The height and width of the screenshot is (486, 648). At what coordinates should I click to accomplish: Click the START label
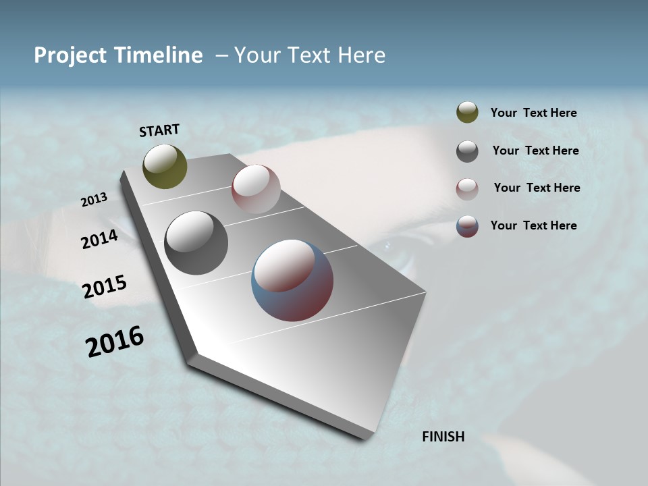pyautogui.click(x=159, y=130)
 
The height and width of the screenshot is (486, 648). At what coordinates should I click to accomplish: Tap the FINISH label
pyautogui.click(x=443, y=437)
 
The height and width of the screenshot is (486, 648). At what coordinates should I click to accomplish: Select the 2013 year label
pyautogui.click(x=94, y=200)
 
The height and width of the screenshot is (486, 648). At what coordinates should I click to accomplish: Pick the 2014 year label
pyautogui.click(x=100, y=239)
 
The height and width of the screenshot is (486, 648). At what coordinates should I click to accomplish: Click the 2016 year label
pyautogui.click(x=115, y=341)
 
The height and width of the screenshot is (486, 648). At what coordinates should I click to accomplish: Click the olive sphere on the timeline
pyautogui.click(x=165, y=166)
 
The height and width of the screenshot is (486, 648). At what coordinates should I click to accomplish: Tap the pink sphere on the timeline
pyautogui.click(x=256, y=189)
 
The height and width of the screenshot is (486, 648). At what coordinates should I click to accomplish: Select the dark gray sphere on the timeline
pyautogui.click(x=196, y=243)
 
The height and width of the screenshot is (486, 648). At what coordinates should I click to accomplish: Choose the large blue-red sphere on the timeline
pyautogui.click(x=292, y=280)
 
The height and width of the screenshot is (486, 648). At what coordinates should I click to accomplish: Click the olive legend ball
pyautogui.click(x=467, y=112)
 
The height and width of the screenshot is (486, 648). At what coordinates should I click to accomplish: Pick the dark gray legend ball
pyautogui.click(x=467, y=151)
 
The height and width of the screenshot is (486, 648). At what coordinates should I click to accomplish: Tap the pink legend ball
pyautogui.click(x=467, y=188)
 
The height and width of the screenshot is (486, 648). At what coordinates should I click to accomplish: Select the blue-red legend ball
pyautogui.click(x=467, y=226)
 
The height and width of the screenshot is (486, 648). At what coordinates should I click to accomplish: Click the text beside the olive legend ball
pyautogui.click(x=534, y=113)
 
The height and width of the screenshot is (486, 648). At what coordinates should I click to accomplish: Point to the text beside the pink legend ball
pyautogui.click(x=537, y=188)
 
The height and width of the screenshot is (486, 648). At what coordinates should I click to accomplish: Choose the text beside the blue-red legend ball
pyautogui.click(x=534, y=225)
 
